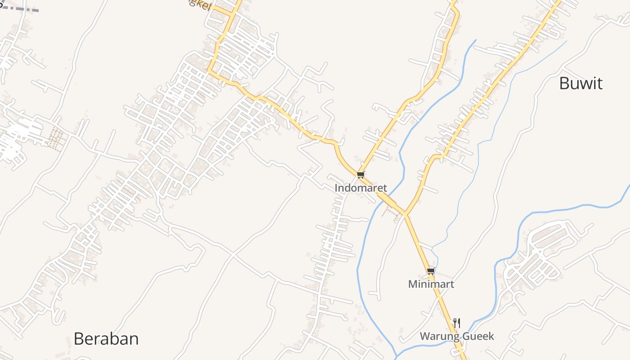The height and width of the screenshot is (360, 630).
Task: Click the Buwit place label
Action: pyautogui.click(x=580, y=83)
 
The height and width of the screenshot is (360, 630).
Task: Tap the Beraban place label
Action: pyautogui.click(x=106, y=338)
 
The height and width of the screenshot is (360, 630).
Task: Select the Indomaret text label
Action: pyautogui.click(x=360, y=188)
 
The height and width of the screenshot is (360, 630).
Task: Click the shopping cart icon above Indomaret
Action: pyautogui.click(x=360, y=175)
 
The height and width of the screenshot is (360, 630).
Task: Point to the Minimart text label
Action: pyautogui.click(x=431, y=284)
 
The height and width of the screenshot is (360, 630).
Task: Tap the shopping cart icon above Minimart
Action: pyautogui.click(x=431, y=271)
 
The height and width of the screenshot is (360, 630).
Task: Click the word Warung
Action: pyautogui.click(x=440, y=336)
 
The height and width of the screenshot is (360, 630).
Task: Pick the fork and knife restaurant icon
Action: pyautogui.click(x=456, y=323)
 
